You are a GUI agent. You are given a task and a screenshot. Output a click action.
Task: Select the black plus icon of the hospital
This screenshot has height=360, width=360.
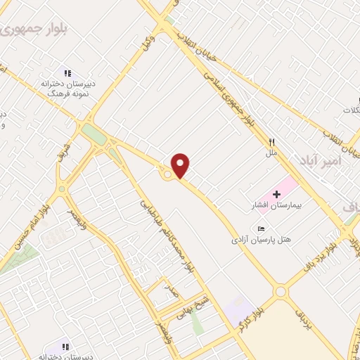[276, 193]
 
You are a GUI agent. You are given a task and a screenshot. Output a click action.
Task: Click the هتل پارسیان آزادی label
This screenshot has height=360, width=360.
[259, 239]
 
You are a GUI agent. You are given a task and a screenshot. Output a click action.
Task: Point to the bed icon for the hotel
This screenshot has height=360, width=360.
[262, 229]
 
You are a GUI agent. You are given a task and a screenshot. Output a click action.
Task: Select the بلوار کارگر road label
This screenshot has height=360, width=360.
[250, 312]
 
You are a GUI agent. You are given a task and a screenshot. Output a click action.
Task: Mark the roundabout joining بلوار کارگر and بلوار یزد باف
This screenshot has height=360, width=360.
[281, 290]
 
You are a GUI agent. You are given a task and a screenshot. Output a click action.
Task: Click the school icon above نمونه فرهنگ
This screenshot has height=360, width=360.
[67, 72]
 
